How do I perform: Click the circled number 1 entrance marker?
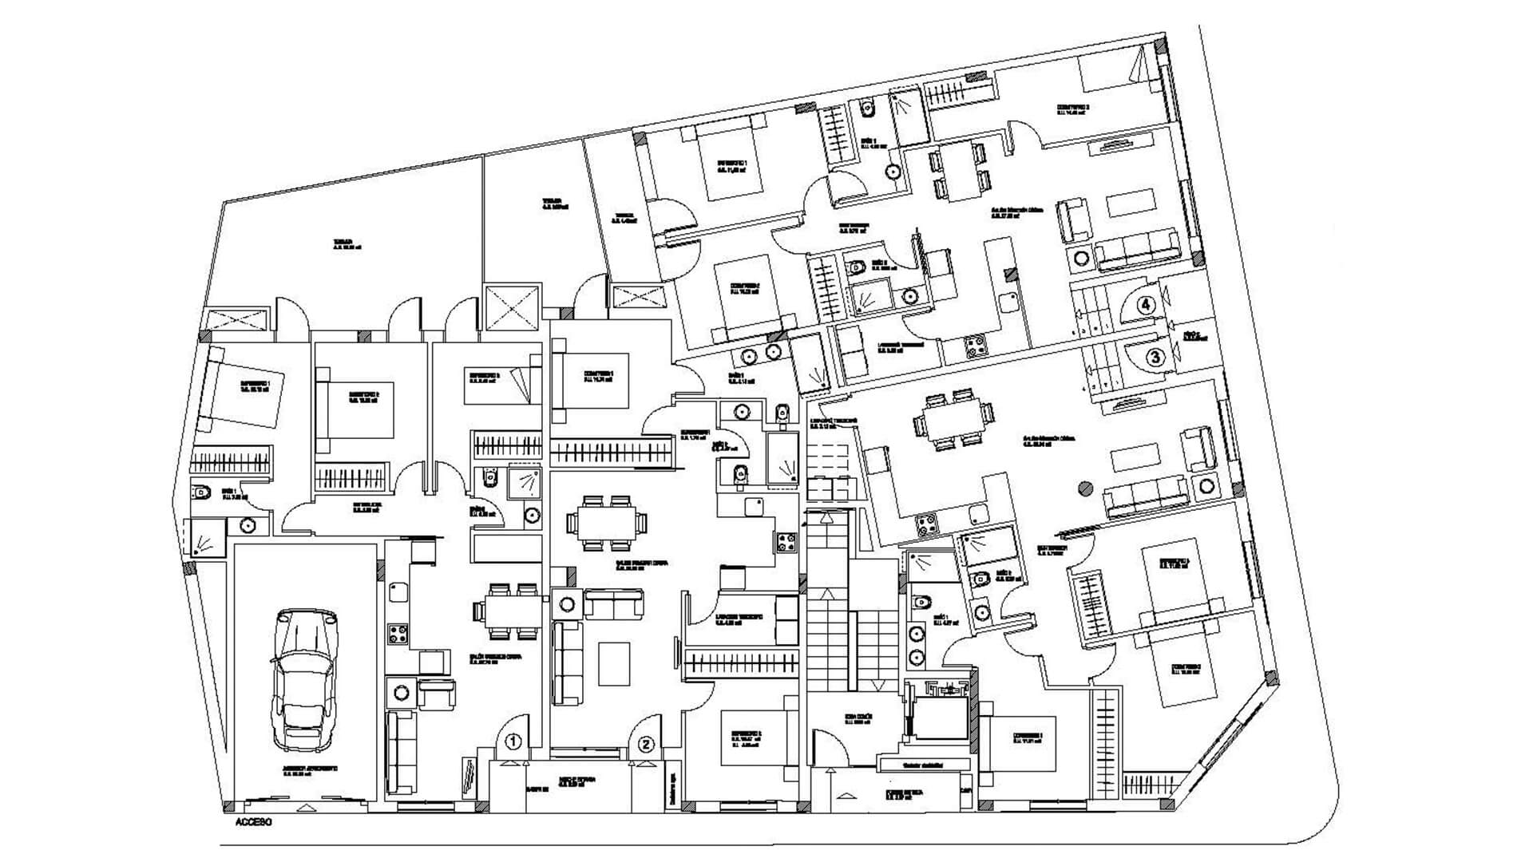coord(513,741)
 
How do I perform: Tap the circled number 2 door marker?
coord(647,744)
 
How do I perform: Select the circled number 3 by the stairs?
coord(1155,358)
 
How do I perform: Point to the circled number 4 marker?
coord(1146,304)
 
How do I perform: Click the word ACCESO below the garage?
coord(254,822)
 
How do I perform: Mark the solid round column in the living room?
coord(1084,488)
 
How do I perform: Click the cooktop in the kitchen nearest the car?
coord(398,635)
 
